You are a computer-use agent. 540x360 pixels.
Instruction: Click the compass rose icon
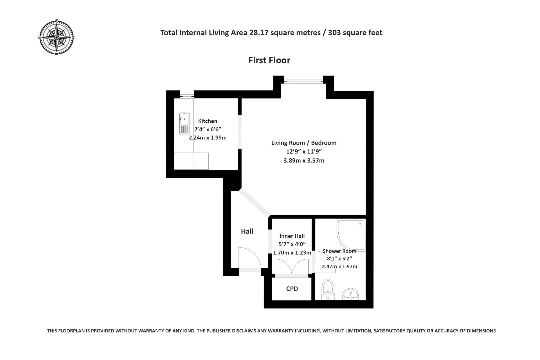pos(56,37)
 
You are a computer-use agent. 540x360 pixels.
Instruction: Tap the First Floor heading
pos(269,60)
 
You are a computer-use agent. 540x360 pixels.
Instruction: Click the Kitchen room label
pos(208,121)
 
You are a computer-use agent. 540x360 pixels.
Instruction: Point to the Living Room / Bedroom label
pos(304,143)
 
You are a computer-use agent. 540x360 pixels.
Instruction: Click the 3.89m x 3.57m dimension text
pos(304,160)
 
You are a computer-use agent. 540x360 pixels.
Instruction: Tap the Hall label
pos(247,231)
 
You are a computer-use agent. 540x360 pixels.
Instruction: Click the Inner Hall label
pos(292,236)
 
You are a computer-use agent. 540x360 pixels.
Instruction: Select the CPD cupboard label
pos(292,289)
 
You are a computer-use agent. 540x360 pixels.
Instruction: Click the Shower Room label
pos(339,251)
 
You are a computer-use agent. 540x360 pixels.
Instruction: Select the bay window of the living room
pos(303,81)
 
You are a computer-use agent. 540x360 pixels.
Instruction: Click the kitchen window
pos(187,96)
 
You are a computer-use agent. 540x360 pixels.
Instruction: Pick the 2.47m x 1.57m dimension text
pos(339,266)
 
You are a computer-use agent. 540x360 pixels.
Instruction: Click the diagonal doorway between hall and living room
pos(254,203)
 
